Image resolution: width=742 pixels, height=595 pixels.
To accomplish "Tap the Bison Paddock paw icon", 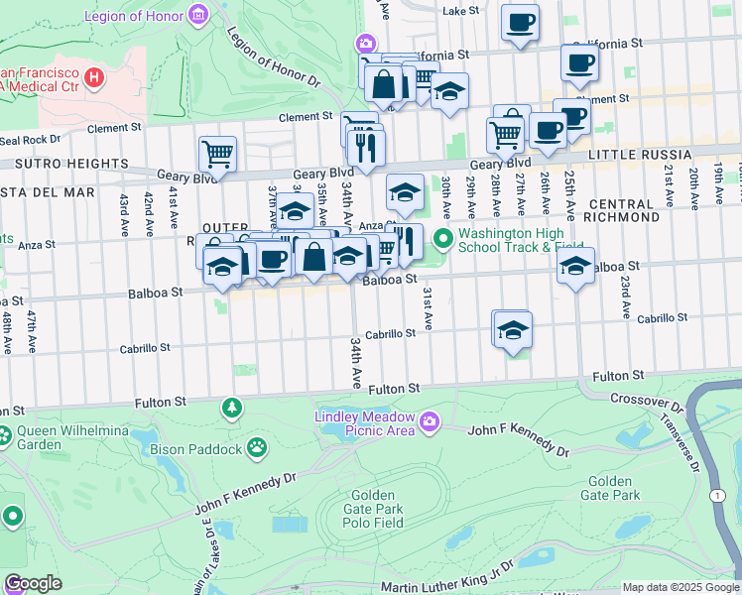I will click(257, 448).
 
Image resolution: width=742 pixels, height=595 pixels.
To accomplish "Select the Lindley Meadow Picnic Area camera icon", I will click(429, 421).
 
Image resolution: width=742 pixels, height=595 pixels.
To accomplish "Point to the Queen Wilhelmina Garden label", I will click(62, 439).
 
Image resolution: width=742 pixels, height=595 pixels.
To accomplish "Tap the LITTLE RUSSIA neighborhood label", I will click(639, 156).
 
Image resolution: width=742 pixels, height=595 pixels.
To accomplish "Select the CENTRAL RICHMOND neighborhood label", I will click(641, 212).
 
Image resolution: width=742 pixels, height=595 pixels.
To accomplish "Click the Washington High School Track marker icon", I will click(442, 238).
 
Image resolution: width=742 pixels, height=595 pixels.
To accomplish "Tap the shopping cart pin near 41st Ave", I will click(217, 154).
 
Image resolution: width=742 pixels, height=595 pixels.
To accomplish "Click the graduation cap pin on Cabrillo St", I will click(513, 328).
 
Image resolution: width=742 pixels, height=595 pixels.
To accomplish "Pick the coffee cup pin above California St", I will click(519, 23).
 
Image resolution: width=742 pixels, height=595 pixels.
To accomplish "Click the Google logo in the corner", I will click(34, 583).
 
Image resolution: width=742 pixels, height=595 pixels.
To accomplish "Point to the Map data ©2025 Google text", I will click(680, 587).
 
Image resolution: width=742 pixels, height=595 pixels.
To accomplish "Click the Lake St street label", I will click(460, 10).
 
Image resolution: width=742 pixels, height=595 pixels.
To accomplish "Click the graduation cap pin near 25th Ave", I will click(575, 265).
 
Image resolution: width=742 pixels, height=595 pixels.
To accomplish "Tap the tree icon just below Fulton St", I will click(232, 408).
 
